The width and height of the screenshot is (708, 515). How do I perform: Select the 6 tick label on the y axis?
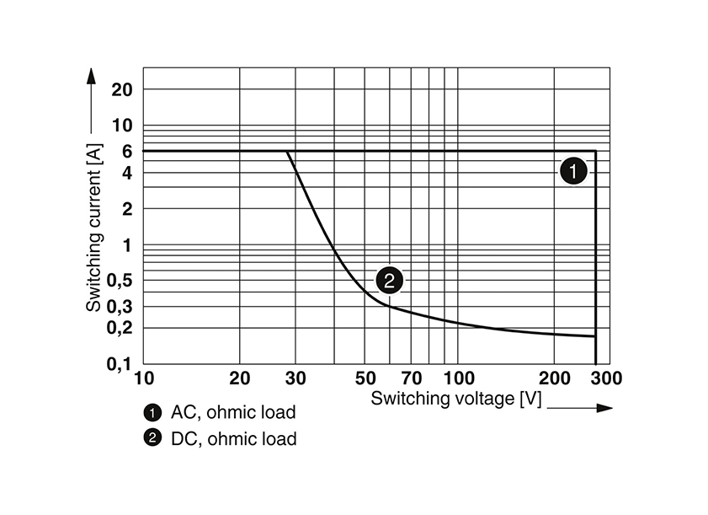(127, 151)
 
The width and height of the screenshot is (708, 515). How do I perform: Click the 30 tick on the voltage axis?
(295, 378)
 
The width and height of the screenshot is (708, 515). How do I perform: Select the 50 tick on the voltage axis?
(365, 378)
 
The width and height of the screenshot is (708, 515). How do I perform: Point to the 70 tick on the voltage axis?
(411, 378)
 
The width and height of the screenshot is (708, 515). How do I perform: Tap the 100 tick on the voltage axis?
(457, 378)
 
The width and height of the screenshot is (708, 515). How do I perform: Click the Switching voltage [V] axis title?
(455, 399)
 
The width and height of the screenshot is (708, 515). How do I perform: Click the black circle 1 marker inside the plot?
(572, 172)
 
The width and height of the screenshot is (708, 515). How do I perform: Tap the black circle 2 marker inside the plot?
(388, 280)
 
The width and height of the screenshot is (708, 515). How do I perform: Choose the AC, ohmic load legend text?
(233, 412)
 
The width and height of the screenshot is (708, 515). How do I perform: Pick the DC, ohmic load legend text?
(233, 438)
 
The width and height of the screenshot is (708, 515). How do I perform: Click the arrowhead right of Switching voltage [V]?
(603, 408)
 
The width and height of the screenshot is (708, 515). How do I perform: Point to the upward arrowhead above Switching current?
(93, 75)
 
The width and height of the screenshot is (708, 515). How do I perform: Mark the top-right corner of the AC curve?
(595, 151)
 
